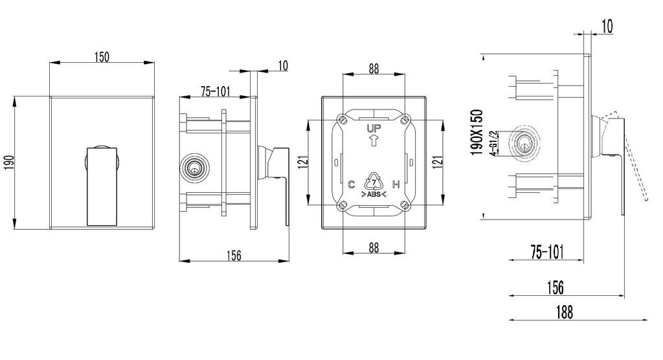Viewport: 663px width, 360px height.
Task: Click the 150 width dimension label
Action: (102, 57)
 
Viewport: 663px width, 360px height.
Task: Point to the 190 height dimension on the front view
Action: (9, 163)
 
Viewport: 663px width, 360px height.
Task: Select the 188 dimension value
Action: (565, 313)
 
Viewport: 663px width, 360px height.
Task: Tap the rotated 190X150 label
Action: (477, 132)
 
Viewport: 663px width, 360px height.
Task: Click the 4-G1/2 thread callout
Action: (493, 144)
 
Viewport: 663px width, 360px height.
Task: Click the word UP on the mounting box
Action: (374, 128)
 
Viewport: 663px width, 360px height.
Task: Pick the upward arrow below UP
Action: (374, 140)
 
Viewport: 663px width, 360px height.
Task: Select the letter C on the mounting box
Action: (352, 185)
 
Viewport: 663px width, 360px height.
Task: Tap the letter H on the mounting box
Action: (396, 185)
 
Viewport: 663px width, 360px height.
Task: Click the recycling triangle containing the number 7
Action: (374, 181)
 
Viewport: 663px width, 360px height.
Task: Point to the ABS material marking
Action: (374, 195)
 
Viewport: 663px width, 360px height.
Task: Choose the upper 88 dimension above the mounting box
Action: (374, 69)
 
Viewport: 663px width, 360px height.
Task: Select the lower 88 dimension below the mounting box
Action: (374, 247)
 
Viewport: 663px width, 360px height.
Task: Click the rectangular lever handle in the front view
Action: (102, 186)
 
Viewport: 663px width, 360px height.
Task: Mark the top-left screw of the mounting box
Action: (343, 120)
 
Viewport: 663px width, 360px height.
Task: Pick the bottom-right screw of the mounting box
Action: (405, 206)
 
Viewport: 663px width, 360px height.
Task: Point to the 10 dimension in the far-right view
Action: (607, 27)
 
